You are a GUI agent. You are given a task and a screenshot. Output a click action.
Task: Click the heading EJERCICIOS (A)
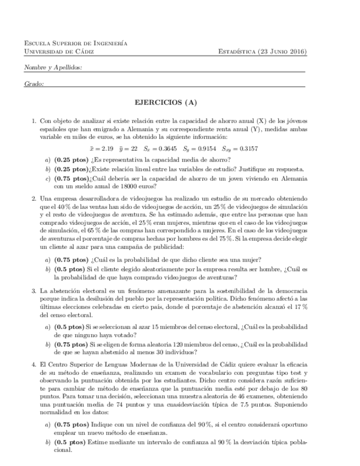[x=165, y=102]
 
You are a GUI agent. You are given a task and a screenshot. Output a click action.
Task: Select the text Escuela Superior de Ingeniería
[x=76, y=43]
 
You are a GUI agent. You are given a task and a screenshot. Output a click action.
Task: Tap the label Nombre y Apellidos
[x=53, y=68]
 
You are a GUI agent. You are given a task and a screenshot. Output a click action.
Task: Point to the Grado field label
[x=34, y=84]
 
